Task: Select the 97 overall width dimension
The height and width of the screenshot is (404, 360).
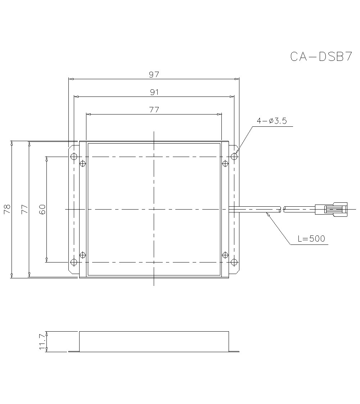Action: (154, 75)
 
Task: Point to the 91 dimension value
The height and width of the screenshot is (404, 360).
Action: (154, 92)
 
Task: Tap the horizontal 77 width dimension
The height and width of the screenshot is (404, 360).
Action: (154, 110)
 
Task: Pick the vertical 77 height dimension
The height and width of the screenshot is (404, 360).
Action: (24, 209)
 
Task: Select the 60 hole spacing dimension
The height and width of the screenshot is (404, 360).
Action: (42, 209)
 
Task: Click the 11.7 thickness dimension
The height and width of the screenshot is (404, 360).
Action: (42, 341)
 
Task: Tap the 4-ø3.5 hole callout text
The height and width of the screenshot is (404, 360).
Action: (271, 121)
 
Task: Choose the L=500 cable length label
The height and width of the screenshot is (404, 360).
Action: (312, 239)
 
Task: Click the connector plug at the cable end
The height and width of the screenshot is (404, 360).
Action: (331, 209)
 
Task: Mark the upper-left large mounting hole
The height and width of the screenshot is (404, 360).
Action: (74, 157)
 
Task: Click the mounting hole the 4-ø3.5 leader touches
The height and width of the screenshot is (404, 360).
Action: (234, 157)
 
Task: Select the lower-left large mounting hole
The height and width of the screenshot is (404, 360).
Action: (74, 262)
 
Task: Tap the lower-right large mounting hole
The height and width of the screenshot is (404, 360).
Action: (234, 262)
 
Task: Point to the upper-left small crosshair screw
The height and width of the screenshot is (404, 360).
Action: (83, 164)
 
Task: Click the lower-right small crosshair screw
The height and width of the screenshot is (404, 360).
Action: (225, 255)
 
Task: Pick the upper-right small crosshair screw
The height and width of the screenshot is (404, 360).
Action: (225, 164)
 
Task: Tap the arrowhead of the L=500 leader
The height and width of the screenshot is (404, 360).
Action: (267, 214)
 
